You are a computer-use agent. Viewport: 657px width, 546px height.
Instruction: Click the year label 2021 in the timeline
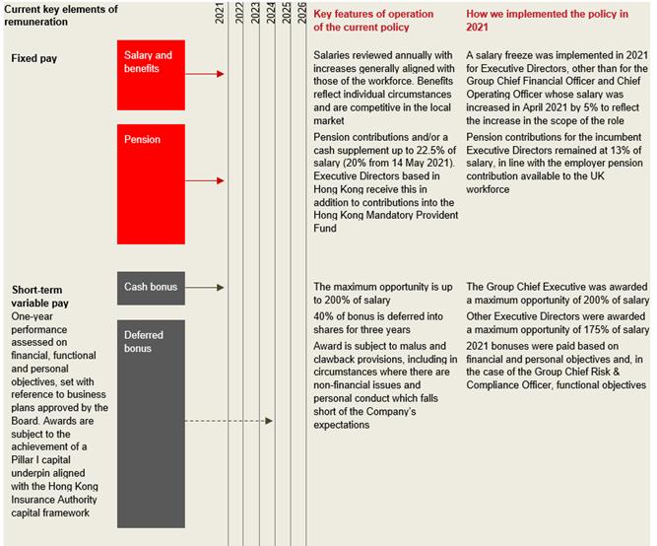pos(220,14)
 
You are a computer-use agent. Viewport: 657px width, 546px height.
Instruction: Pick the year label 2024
pos(270,14)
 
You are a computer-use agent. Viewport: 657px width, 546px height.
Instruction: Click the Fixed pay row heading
pos(34,59)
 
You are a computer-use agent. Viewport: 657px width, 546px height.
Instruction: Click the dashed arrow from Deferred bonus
pos(230,421)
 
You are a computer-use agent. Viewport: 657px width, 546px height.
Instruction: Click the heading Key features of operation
pos(372,14)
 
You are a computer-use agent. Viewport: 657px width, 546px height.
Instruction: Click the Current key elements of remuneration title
pos(59,15)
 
